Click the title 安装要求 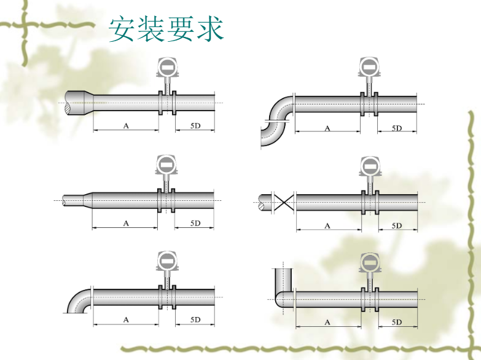click(x=166, y=29)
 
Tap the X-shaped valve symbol click(x=284, y=201)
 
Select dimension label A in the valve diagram click(x=327, y=225)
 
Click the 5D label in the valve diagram click(x=397, y=225)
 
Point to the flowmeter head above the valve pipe click(x=369, y=165)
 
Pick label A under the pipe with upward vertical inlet click(x=327, y=322)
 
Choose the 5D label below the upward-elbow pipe click(x=397, y=322)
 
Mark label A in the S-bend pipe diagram click(x=327, y=128)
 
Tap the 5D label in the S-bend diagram click(x=397, y=128)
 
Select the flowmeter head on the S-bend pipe click(x=369, y=67)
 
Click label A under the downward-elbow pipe click(x=126, y=319)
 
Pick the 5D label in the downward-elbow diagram click(x=195, y=319)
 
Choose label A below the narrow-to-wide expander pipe click(x=126, y=223)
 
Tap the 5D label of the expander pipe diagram click(x=195, y=223)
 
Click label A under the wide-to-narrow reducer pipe click(x=126, y=125)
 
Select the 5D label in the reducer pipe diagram click(x=195, y=125)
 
